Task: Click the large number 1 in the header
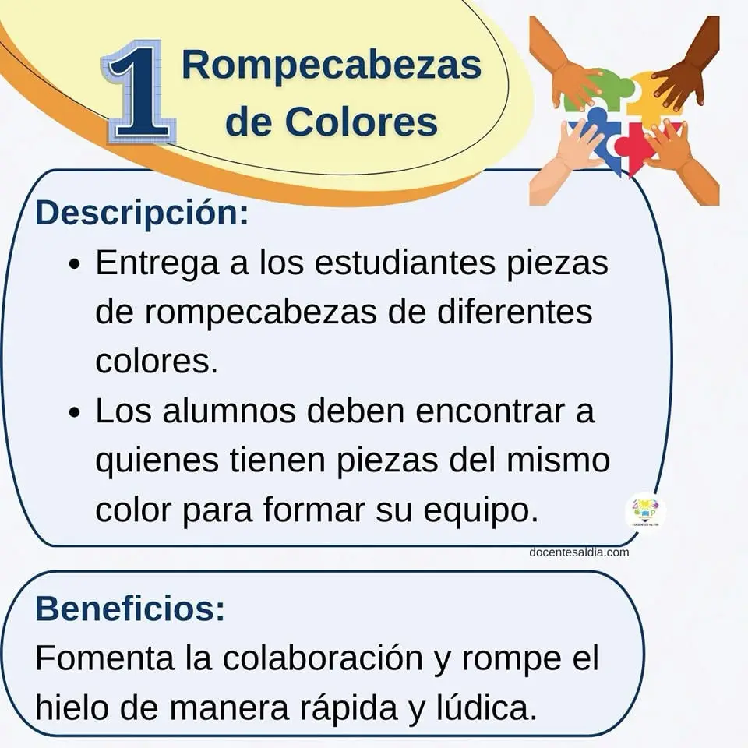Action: pyautogui.click(x=139, y=93)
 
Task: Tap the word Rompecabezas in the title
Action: pyautogui.click(x=332, y=65)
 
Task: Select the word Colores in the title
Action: pyautogui.click(x=361, y=122)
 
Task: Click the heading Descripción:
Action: pyautogui.click(x=142, y=213)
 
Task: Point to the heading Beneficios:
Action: pyautogui.click(x=130, y=609)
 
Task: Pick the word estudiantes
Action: pyautogui.click(x=404, y=263)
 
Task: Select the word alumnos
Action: pyautogui.click(x=229, y=411)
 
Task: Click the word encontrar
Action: pyautogui.click(x=490, y=411)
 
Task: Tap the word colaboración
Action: pyautogui.click(x=323, y=658)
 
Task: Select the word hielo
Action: pyautogui.click(x=72, y=707)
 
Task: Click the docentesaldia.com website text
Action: pyautogui.click(x=579, y=552)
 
